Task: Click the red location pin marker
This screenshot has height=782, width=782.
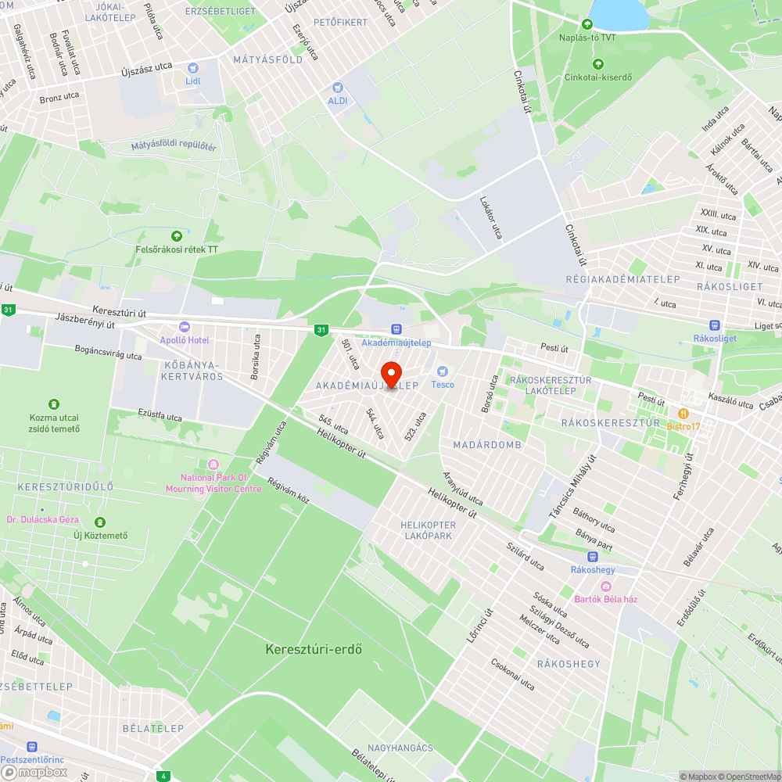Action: click(390, 374)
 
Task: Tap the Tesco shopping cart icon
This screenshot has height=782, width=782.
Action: click(442, 371)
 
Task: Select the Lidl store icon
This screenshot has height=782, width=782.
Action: click(192, 68)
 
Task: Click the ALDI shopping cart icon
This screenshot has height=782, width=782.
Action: click(338, 88)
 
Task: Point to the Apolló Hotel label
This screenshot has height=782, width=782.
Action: click(185, 339)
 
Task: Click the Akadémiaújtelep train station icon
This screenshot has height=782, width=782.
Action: click(396, 330)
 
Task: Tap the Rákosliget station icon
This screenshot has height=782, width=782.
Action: click(714, 325)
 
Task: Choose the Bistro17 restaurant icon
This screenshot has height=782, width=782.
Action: click(683, 413)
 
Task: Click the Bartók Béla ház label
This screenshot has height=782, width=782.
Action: click(606, 599)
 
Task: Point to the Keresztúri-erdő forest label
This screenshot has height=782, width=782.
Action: click(314, 649)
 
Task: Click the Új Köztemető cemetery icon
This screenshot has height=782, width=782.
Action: click(100, 522)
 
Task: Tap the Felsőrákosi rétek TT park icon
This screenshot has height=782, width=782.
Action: click(176, 235)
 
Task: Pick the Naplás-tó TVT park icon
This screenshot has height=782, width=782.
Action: click(587, 24)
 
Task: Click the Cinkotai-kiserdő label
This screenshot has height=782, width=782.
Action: click(598, 77)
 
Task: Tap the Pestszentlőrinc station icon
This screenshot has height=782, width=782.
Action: click(32, 747)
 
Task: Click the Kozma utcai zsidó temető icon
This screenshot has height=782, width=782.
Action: click(54, 404)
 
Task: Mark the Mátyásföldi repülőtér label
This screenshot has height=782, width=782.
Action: click(174, 146)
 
